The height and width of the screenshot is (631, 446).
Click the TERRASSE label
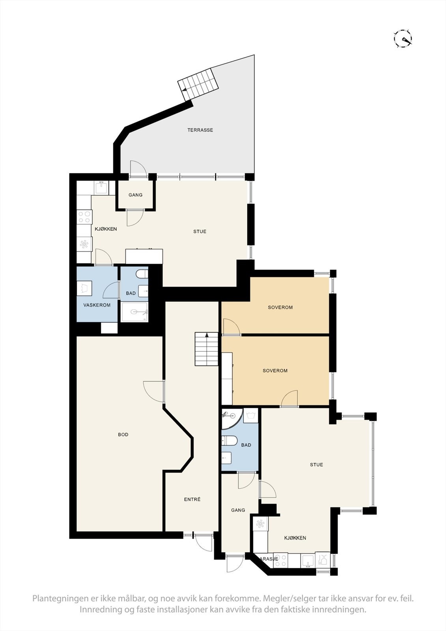coord(200,130)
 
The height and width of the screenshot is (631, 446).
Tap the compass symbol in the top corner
coord(403,39)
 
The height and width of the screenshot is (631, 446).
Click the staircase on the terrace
coord(198,84)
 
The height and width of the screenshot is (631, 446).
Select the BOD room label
coord(123,435)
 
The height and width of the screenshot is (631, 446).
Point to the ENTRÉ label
coord(192,499)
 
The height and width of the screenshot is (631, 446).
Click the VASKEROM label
coord(97,305)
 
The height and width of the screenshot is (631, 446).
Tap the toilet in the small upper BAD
coord(142,274)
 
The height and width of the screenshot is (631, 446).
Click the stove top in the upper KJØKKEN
coord(84,217)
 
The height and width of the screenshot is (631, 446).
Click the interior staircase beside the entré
coord(207,349)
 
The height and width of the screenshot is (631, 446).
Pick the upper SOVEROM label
coord(280,307)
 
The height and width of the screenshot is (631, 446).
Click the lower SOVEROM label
coord(275,371)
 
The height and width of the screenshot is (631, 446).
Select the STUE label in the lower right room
coord(316,465)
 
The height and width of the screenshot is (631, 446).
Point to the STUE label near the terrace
coord(200,231)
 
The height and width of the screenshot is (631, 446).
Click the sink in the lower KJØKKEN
coord(308,560)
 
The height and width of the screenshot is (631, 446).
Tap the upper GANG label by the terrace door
coord(135,195)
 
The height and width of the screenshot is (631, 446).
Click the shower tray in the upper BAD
coord(135,312)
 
